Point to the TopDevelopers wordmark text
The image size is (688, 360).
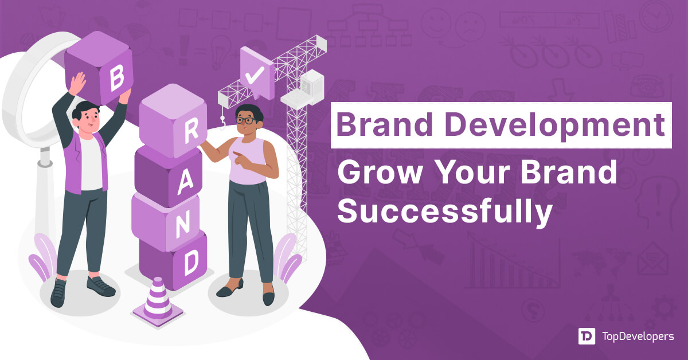coord(638,337)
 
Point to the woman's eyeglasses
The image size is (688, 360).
coord(247,120)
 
